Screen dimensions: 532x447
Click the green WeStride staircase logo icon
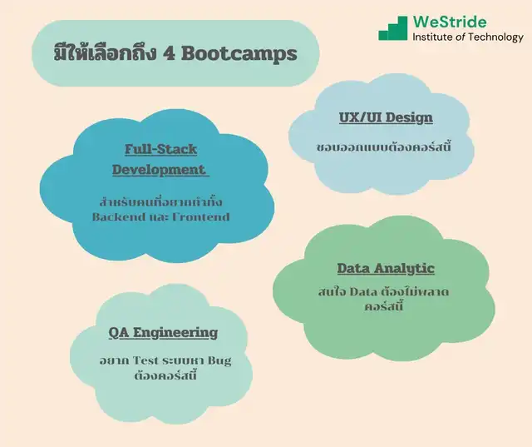[x=393, y=28]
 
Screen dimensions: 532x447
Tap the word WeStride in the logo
[x=450, y=22]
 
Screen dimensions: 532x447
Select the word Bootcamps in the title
[x=239, y=53]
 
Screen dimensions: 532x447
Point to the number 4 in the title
[x=169, y=53]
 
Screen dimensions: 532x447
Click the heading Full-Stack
[x=160, y=149]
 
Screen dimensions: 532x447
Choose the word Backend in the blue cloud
[x=118, y=216]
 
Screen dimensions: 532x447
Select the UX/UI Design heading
[x=386, y=117]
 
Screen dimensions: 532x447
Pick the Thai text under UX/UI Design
[x=383, y=147]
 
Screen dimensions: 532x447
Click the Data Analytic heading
[x=386, y=268]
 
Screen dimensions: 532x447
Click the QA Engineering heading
[x=163, y=332]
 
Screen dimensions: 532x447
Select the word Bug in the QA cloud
[x=219, y=360]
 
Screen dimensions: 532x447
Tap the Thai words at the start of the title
[x=105, y=53]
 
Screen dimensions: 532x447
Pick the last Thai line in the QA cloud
[x=165, y=375]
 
